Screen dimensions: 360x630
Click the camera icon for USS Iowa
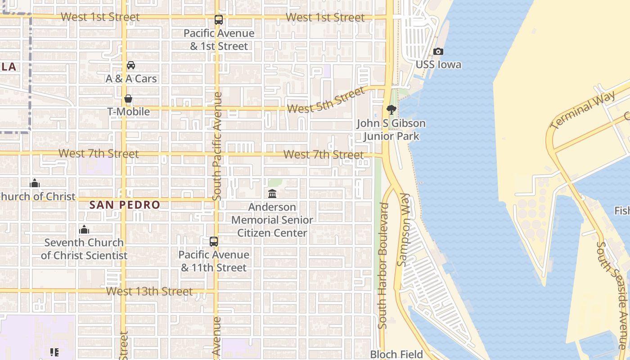click(x=438, y=52)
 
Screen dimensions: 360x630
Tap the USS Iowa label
click(x=438, y=65)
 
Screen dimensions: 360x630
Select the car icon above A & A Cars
click(x=131, y=65)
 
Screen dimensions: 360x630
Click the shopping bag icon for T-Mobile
click(x=128, y=99)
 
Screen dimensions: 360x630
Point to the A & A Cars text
click(x=131, y=79)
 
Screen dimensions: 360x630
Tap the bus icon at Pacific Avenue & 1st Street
click(x=219, y=20)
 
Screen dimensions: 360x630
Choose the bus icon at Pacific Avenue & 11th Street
click(x=214, y=242)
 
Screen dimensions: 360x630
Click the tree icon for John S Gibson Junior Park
click(x=391, y=109)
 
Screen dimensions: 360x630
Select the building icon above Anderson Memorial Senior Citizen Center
click(x=272, y=194)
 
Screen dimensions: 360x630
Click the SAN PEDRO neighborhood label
click(x=125, y=205)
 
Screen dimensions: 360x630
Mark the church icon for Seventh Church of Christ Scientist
click(x=84, y=230)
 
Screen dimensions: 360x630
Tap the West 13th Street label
click(x=149, y=292)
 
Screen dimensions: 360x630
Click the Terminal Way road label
click(x=583, y=110)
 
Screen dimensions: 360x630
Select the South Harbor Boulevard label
click(x=383, y=265)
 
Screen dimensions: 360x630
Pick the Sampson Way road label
click(x=404, y=230)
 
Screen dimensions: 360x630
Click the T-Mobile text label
click(x=128, y=112)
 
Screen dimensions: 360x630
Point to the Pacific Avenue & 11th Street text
click(x=214, y=261)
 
